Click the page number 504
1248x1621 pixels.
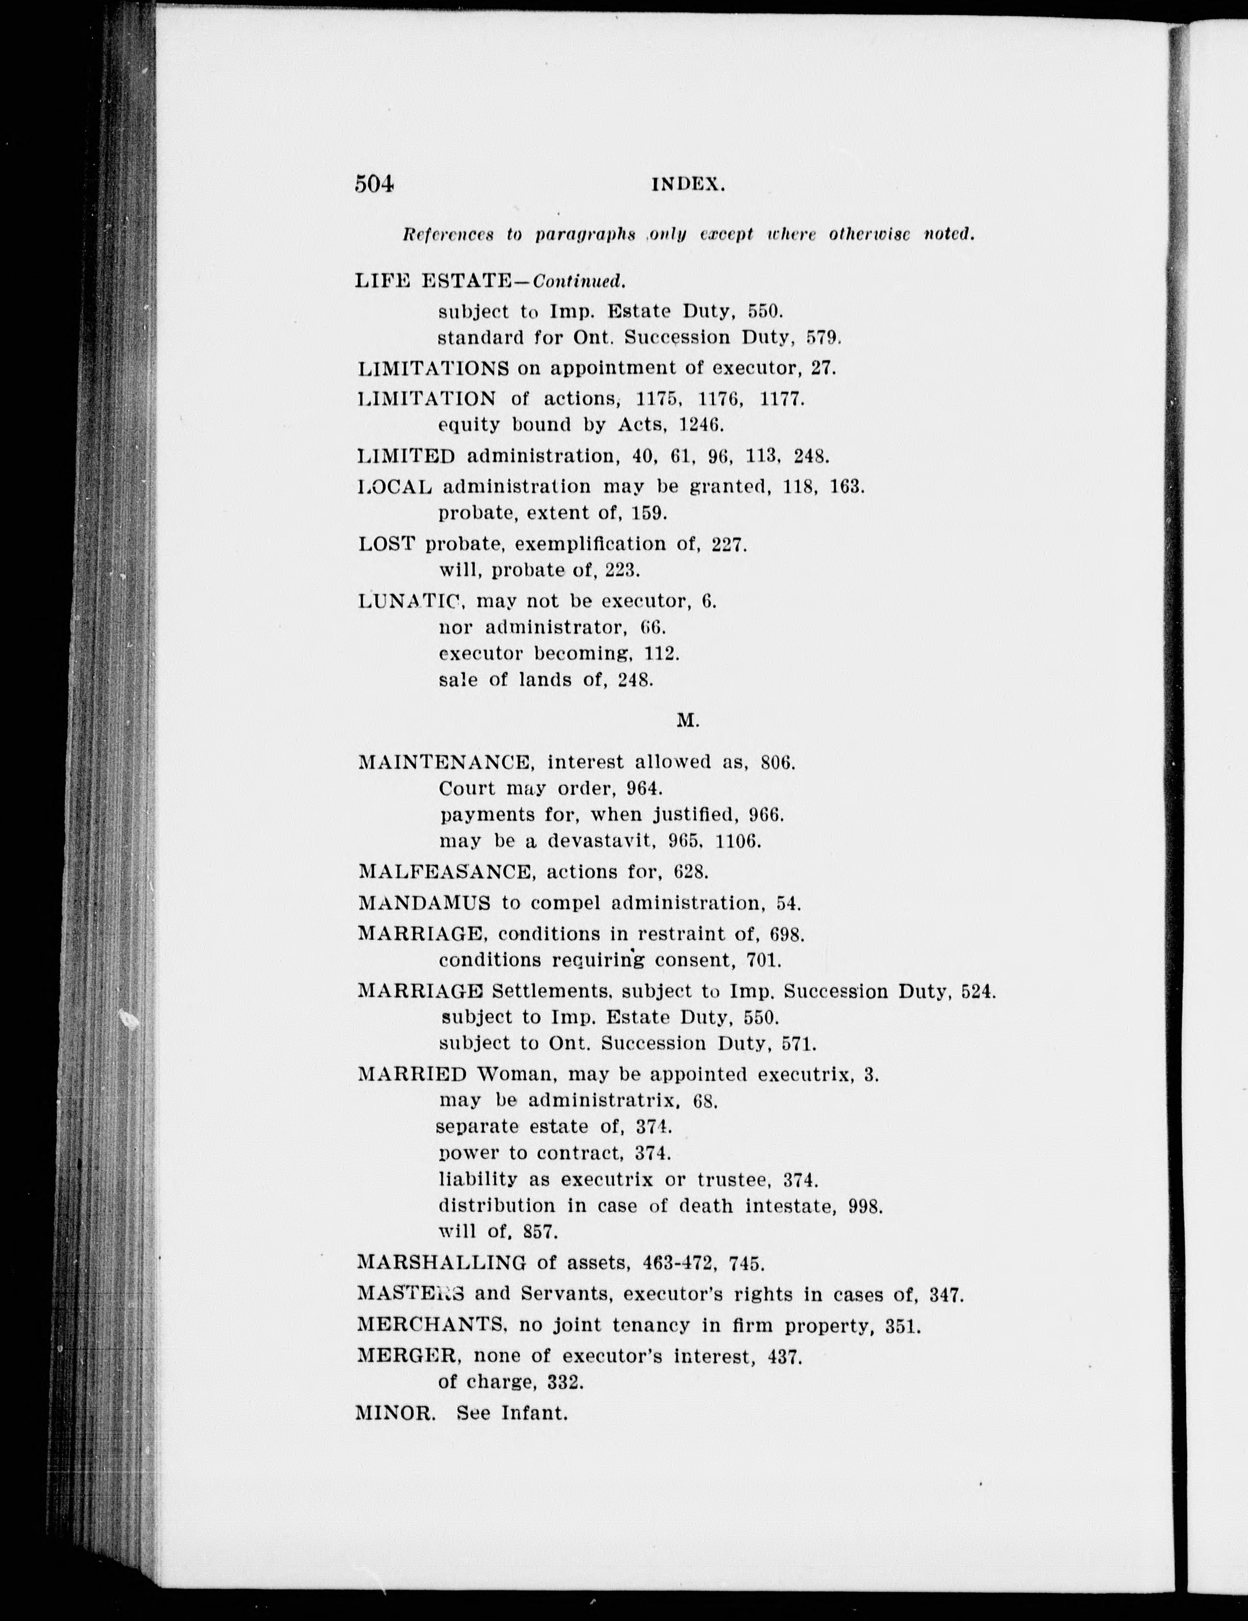coord(374,183)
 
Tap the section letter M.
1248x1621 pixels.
coord(687,720)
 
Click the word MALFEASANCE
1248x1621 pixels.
coord(446,871)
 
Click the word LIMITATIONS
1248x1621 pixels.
coord(433,368)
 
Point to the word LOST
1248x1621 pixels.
coord(386,544)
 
